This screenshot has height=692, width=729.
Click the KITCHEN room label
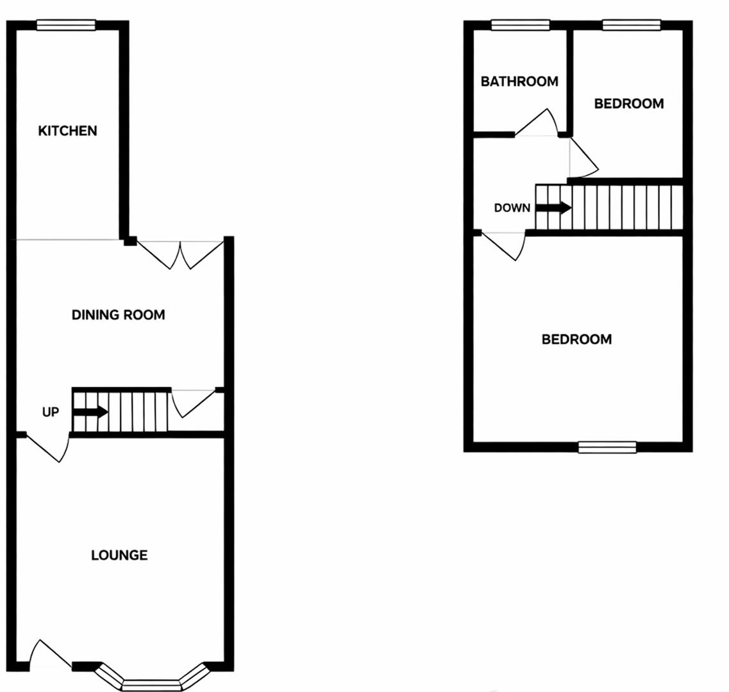[67, 131]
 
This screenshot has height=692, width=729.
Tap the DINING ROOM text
[118, 315]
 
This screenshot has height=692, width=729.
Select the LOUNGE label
[119, 555]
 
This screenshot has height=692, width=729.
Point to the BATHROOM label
[519, 81]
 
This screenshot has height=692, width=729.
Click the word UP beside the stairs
[50, 412]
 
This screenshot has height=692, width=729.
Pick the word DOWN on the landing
[512, 208]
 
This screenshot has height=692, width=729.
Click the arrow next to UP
[90, 412]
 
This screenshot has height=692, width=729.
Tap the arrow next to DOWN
[553, 208]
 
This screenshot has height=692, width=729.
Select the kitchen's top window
[66, 25]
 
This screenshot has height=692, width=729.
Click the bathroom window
[520, 25]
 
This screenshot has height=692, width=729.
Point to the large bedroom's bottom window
[607, 447]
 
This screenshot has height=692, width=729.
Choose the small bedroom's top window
[632, 25]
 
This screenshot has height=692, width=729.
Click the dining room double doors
[181, 253]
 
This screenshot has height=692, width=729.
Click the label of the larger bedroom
[576, 339]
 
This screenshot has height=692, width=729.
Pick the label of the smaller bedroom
[628, 104]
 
